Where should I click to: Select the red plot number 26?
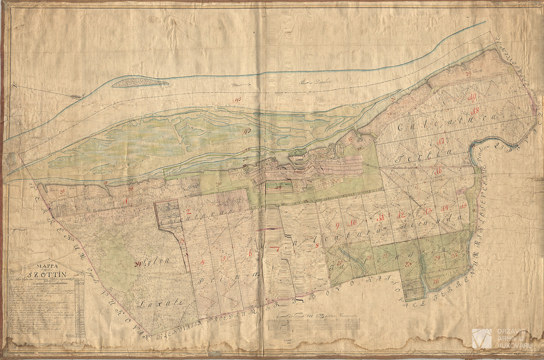point(436,281)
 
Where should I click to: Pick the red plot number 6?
point(250,253)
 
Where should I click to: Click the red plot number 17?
point(440,141)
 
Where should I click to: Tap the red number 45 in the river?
point(239,100)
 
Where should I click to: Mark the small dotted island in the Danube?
point(140,83)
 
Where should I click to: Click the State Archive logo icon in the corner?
point(482,338)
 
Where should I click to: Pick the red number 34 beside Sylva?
point(138,263)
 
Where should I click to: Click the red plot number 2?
point(188,211)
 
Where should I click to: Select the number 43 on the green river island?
point(246,132)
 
